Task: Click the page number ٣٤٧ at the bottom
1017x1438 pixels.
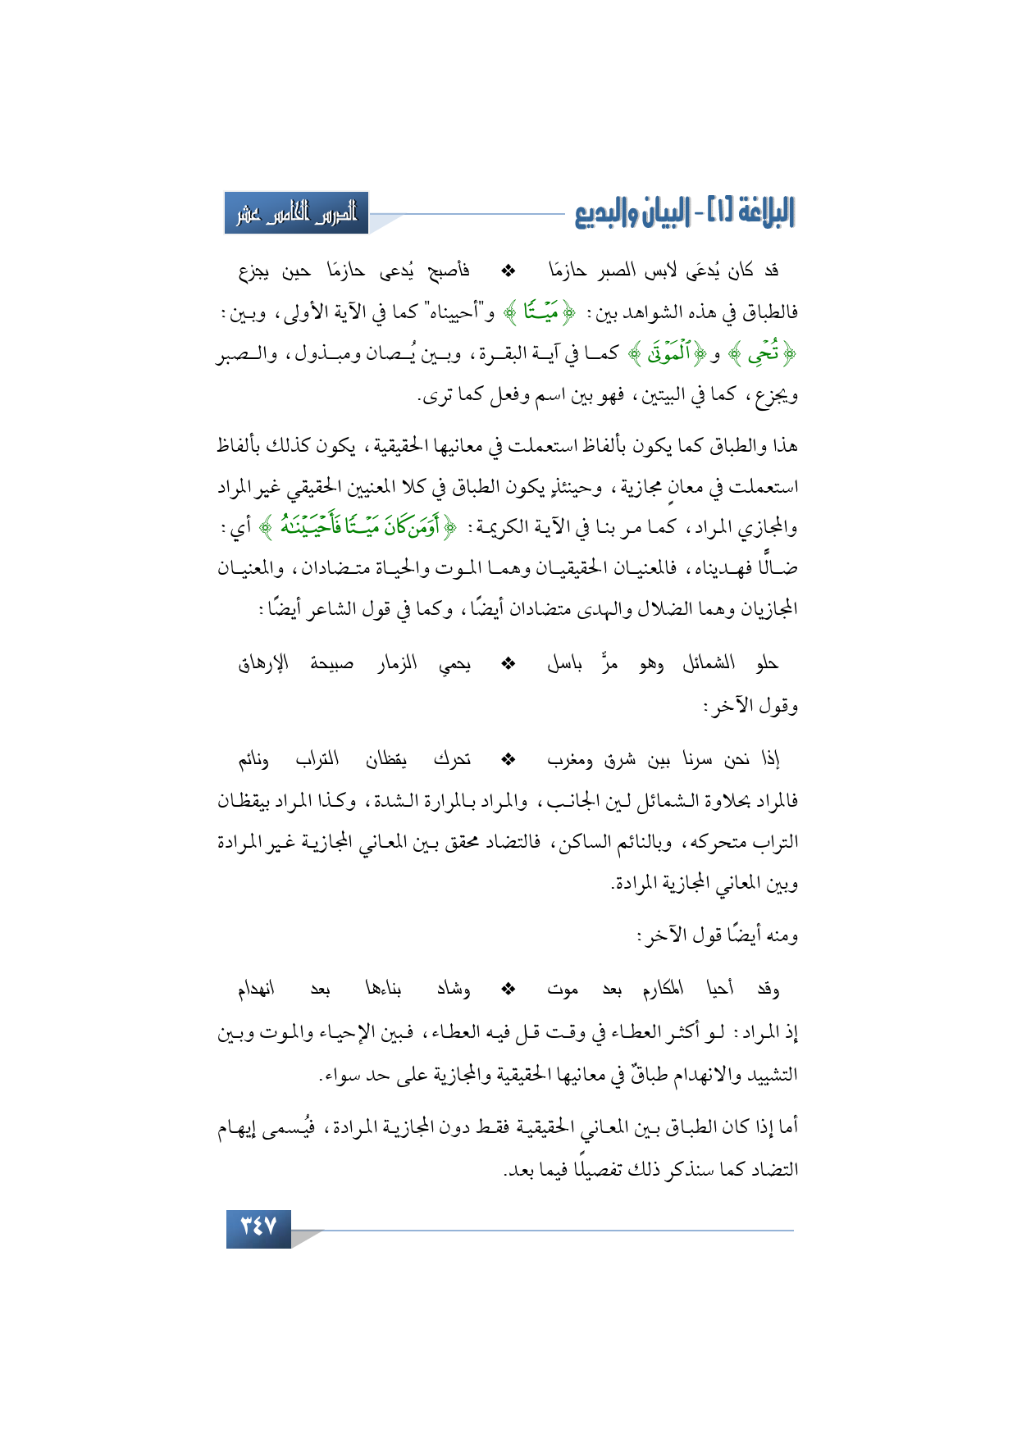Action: [x=258, y=1227]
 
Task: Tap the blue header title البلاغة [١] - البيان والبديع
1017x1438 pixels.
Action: [x=684, y=213]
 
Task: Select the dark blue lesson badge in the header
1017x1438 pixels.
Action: [x=296, y=213]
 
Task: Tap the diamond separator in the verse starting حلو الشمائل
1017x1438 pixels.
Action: [x=508, y=663]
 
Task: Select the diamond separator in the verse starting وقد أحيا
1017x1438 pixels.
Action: [x=508, y=990]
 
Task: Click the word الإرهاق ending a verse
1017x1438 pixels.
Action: [x=263, y=663]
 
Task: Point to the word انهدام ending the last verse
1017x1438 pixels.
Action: [x=257, y=990]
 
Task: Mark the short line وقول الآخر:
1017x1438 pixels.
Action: [x=750, y=705]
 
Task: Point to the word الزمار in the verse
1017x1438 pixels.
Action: [x=397, y=663]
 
